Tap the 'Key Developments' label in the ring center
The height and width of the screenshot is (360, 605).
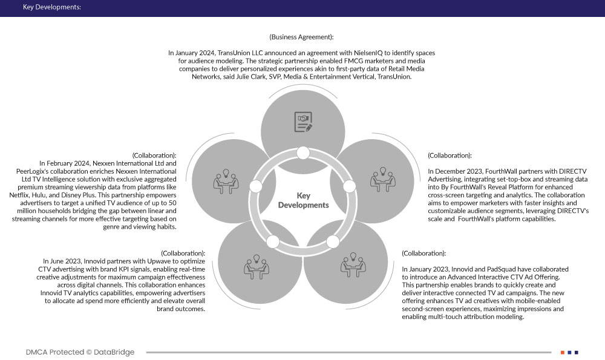click(303, 200)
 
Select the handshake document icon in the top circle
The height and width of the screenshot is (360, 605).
click(303, 120)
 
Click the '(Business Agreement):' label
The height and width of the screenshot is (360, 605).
click(301, 38)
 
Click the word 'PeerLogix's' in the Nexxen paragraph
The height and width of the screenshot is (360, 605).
click(59, 172)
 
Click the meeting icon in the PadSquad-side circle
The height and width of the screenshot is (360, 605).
click(353, 264)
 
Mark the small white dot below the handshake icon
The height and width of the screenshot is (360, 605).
click(303, 152)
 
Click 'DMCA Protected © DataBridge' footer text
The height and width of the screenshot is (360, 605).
click(80, 352)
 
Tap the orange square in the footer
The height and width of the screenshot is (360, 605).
click(563, 352)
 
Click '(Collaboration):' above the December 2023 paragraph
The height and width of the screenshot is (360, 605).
click(450, 155)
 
